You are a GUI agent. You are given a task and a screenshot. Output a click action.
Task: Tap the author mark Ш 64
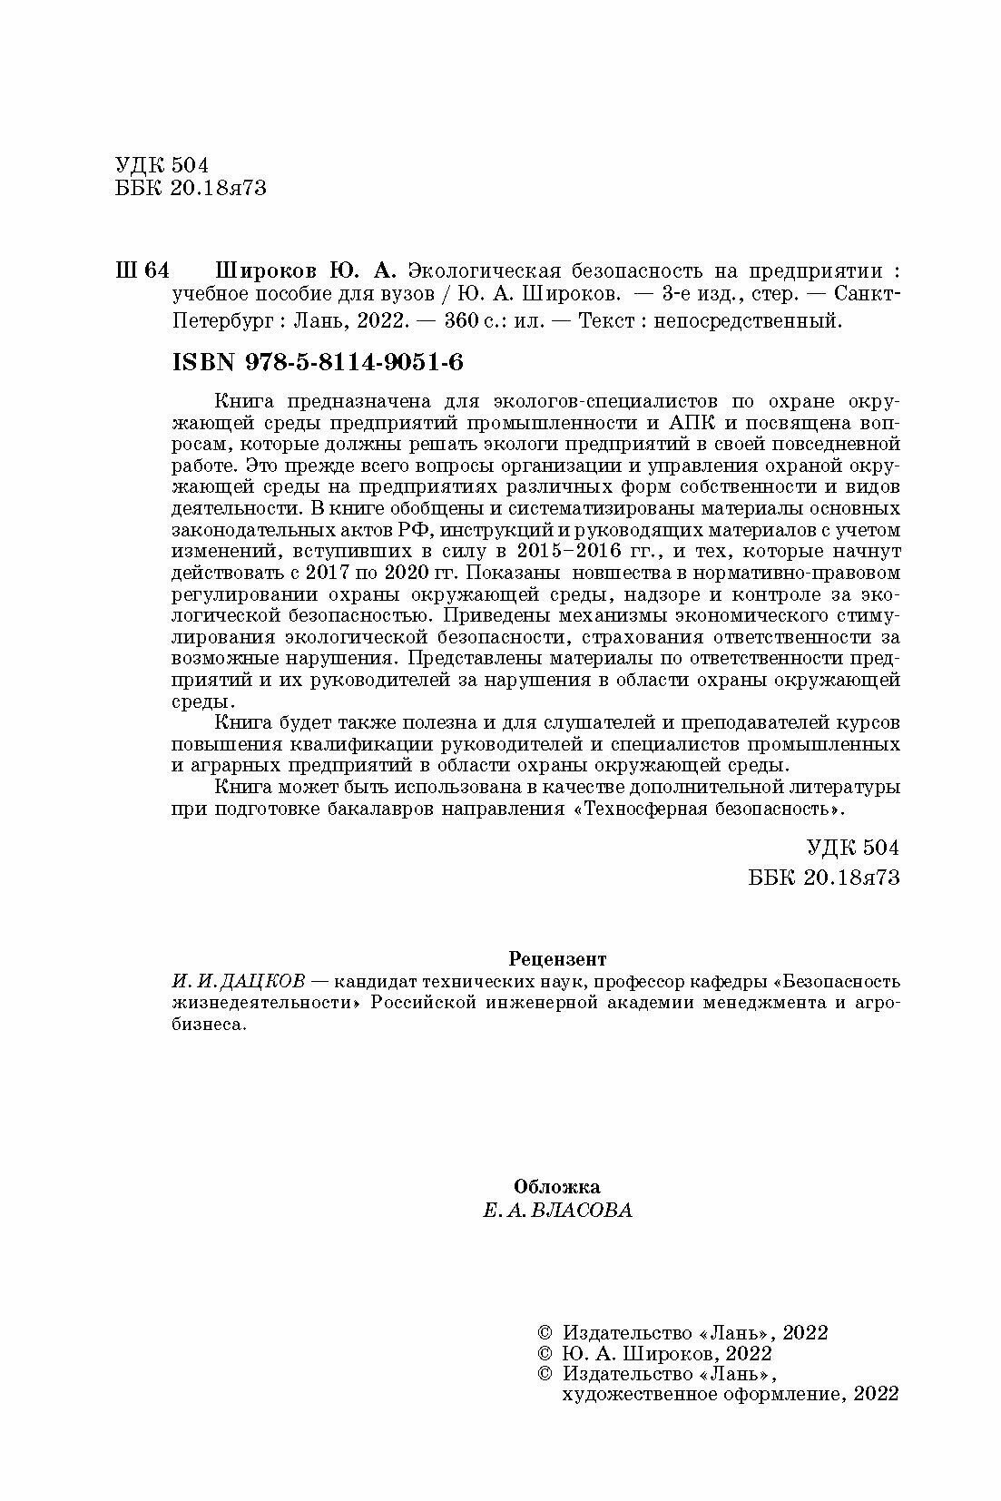coord(142,270)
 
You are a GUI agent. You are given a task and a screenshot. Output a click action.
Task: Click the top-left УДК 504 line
coord(162,165)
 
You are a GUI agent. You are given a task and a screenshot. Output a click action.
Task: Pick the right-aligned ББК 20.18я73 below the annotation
coord(825,877)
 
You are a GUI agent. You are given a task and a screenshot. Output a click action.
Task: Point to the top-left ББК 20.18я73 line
coord(191,189)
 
